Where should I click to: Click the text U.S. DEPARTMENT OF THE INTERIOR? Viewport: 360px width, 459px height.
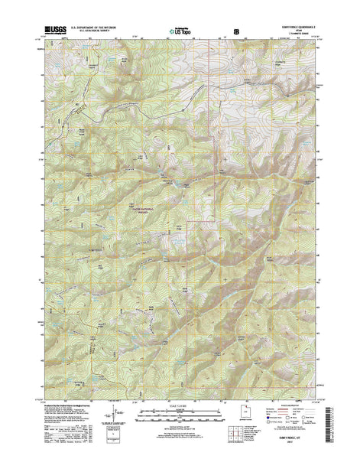tap(99, 28)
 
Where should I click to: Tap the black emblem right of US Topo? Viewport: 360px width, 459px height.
tap(236, 31)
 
